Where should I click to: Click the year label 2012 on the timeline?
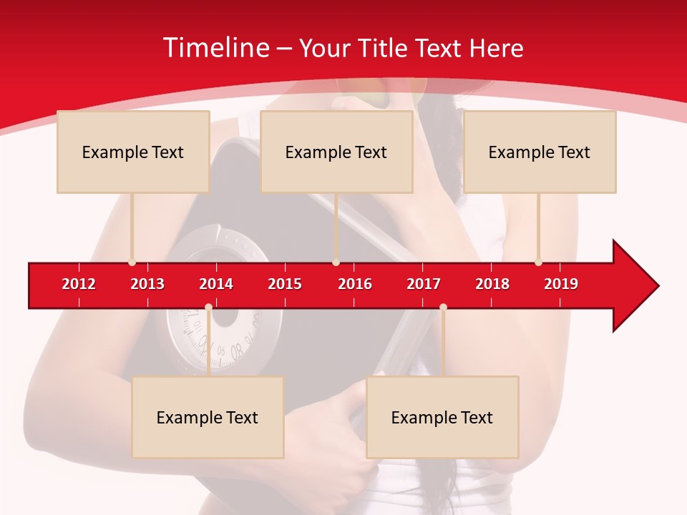tap(79, 284)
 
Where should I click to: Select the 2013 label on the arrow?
tap(147, 284)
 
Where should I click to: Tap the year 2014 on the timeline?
tap(216, 284)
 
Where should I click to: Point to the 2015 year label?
tap(285, 284)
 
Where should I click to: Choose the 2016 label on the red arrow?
tap(355, 284)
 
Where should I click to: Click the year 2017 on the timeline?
tap(424, 284)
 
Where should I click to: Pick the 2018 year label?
tap(492, 284)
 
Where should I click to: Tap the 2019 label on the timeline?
tap(561, 284)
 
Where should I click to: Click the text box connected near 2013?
tap(133, 152)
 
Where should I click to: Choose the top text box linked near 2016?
tap(336, 152)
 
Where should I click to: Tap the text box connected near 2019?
tap(540, 152)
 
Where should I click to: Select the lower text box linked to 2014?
tap(208, 417)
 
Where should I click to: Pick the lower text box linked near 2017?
tap(442, 417)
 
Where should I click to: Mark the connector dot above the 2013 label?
tap(132, 263)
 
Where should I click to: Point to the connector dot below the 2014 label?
tap(208, 307)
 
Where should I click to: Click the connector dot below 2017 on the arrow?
tap(443, 307)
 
